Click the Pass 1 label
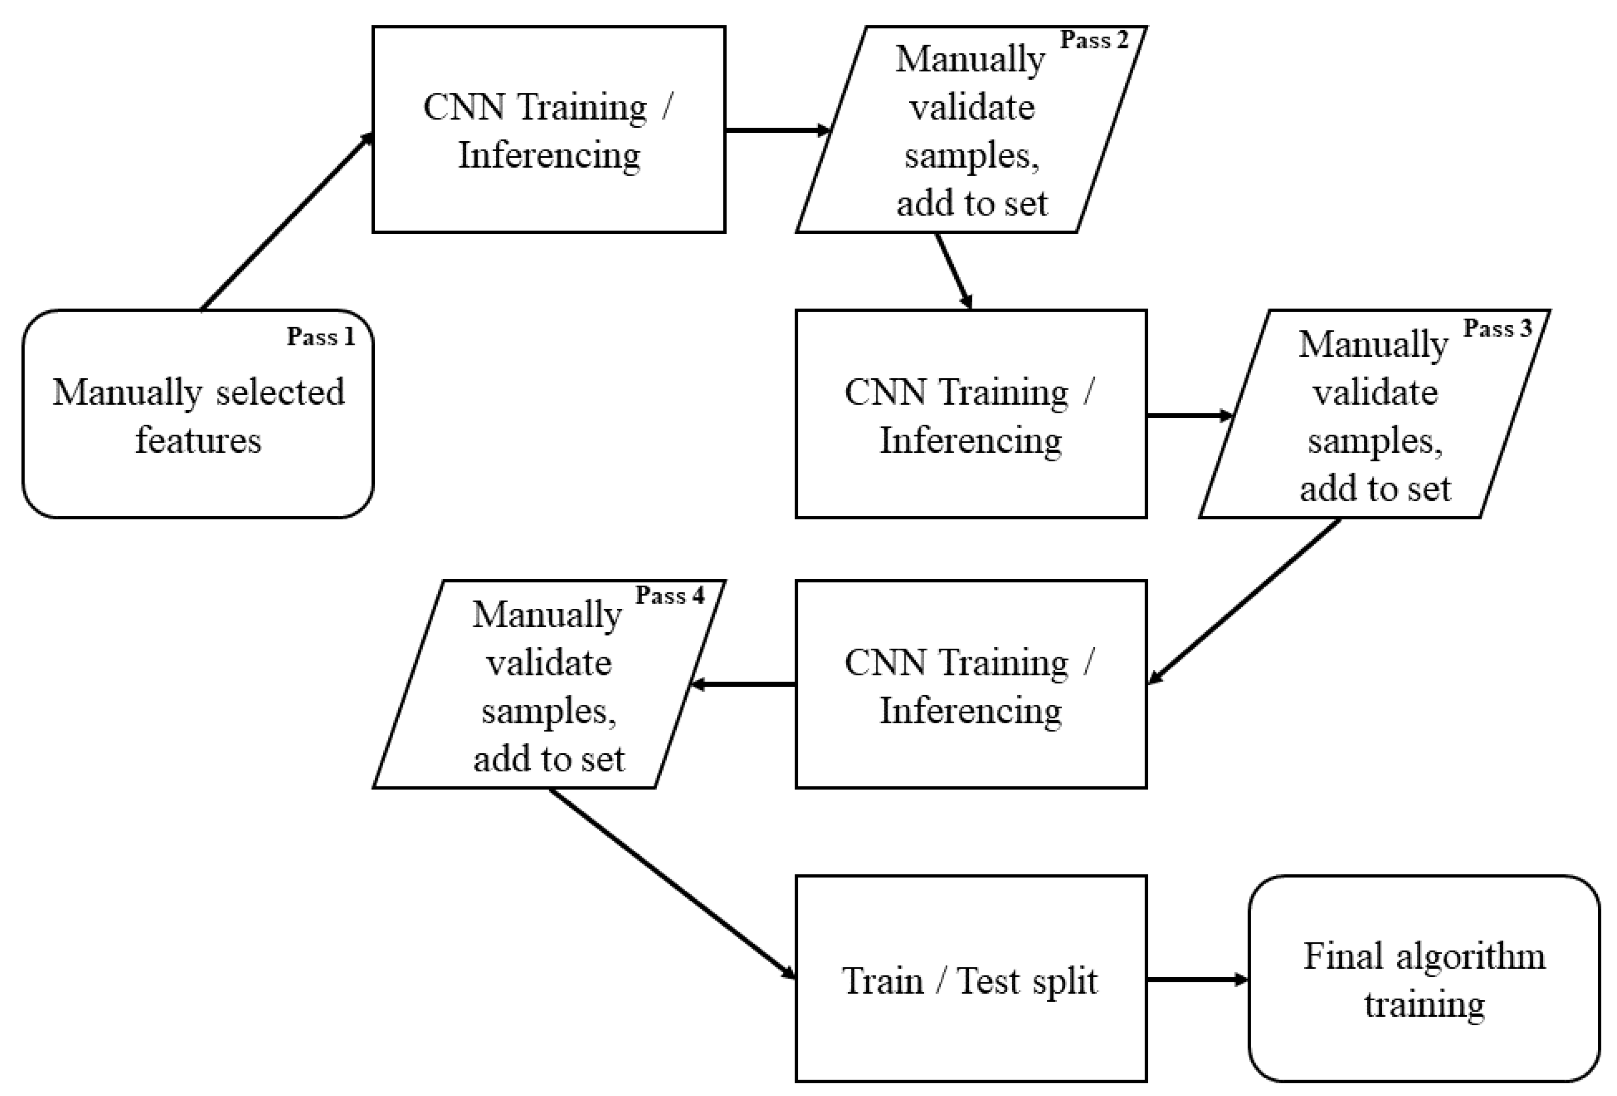coord(321,337)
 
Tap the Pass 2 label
coord(1094,40)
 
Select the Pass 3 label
coord(1497,328)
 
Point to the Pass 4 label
coord(669,595)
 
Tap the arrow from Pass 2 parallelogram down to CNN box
coord(953,271)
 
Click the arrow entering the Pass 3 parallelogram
coord(1188,416)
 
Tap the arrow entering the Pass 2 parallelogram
coord(776,130)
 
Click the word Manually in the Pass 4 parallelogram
coord(547,615)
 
